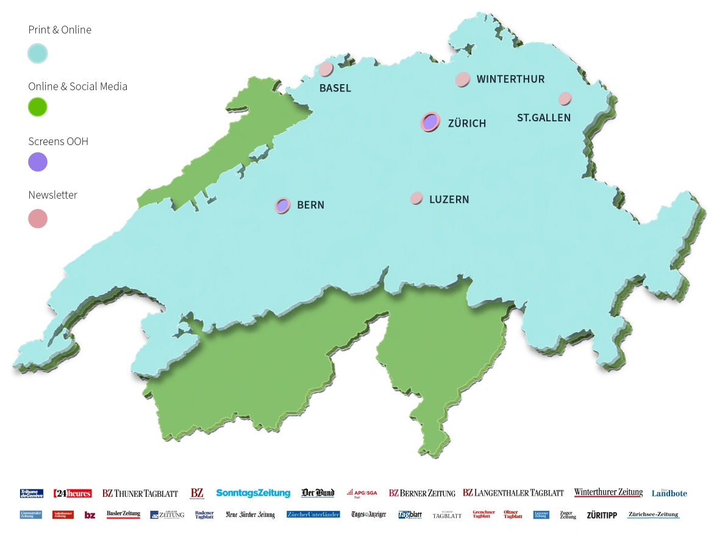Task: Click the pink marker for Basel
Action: (x=326, y=69)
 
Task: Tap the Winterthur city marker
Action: (x=463, y=79)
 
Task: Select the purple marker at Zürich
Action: (x=430, y=122)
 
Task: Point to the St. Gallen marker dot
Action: (x=565, y=98)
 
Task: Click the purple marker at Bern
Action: (x=282, y=205)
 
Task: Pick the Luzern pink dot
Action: (x=416, y=198)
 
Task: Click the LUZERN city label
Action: (x=449, y=199)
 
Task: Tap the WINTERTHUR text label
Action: (x=510, y=79)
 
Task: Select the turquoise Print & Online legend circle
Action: (x=38, y=54)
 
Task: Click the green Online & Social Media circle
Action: (x=38, y=107)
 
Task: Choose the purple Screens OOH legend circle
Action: (x=38, y=162)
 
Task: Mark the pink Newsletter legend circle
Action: (x=38, y=218)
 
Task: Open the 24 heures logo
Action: (x=73, y=493)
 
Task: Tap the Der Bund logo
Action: (x=318, y=493)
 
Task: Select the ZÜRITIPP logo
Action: (x=602, y=515)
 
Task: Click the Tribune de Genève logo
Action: (x=32, y=493)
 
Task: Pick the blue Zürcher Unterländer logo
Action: (x=313, y=514)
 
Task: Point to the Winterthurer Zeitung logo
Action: (x=608, y=493)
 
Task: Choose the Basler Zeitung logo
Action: (x=123, y=514)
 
